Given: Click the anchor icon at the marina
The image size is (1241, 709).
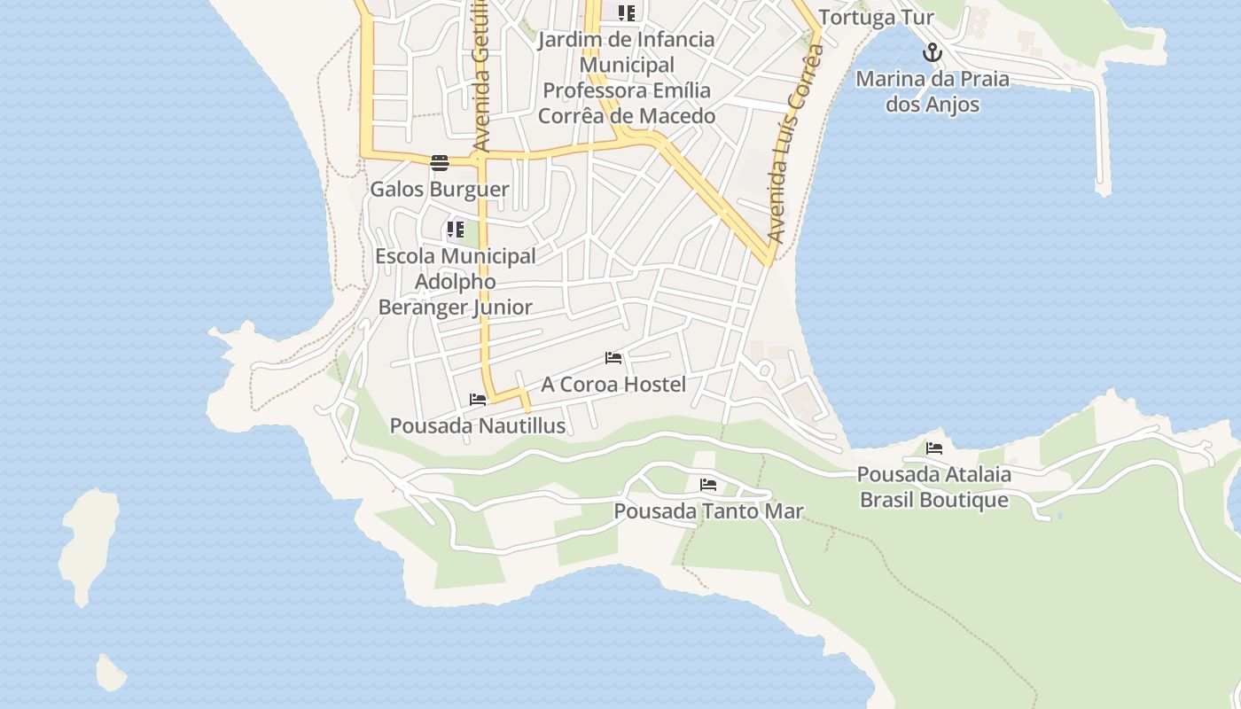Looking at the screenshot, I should pos(932,53).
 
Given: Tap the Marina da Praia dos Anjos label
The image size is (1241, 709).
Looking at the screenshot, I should pos(932,91).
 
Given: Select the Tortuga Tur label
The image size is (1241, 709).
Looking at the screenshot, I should pos(876,18).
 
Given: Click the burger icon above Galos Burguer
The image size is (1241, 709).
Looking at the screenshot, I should pos(440,162).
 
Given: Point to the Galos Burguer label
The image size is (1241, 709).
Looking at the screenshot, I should pos(440,189).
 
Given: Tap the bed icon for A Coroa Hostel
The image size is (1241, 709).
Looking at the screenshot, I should pos(613,358).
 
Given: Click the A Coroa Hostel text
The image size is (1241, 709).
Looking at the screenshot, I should pos(613,384).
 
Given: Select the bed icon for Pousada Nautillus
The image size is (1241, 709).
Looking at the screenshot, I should pos(478,400).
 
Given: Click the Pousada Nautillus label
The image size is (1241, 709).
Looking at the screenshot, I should pos(478,425).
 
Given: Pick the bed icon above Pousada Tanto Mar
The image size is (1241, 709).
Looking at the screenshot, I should pos(708,485).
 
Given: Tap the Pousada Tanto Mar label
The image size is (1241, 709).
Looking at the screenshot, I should pos(708,511).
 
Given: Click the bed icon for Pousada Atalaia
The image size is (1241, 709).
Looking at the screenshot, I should pos(934,448).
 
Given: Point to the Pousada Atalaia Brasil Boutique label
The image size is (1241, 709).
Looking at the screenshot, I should pos(934,487).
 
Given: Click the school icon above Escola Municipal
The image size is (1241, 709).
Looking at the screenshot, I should pos(456,230).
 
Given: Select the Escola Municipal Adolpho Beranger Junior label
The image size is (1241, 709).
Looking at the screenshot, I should pos(456,281).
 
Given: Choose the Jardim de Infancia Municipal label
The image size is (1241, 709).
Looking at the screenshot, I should pos(627,77).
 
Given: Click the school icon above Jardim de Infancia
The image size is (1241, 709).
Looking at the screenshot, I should pos(627,12).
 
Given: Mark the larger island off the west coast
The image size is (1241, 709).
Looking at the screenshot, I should pos(88,544).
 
